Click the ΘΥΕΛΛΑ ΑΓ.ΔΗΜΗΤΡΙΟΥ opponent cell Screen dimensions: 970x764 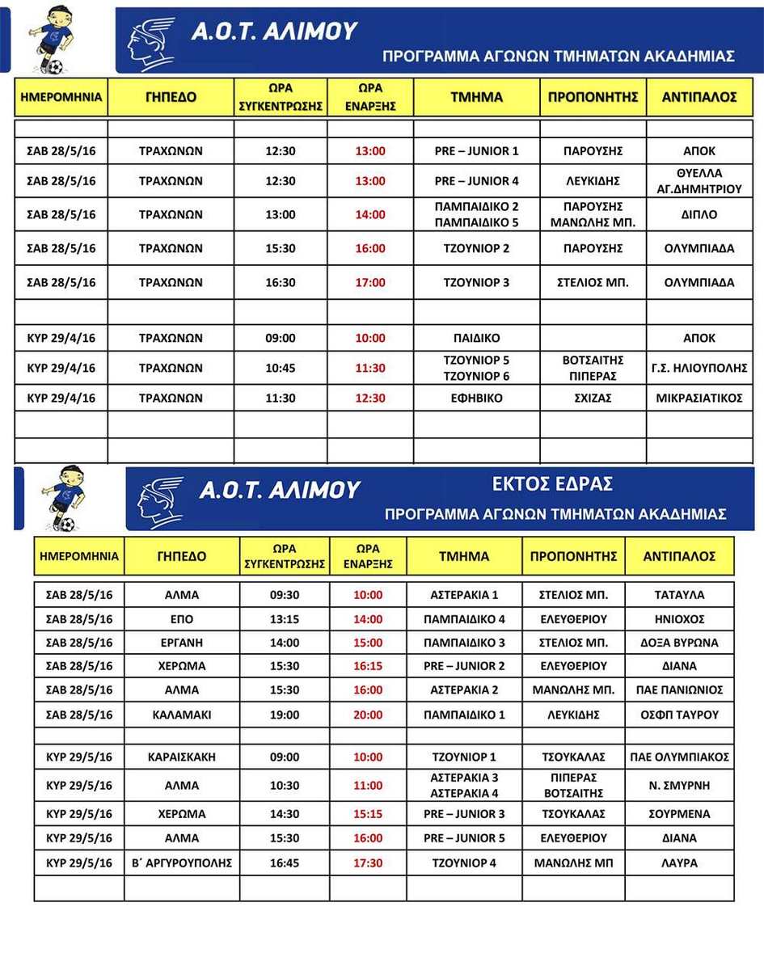699,181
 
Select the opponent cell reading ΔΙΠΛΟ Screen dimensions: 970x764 699,215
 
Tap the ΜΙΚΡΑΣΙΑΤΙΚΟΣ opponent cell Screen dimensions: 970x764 699,398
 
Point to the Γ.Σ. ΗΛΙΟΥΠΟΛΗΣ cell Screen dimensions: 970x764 699,368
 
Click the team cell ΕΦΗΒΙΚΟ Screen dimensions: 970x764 476,398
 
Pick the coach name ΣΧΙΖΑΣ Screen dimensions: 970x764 593,398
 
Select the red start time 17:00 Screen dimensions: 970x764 370,283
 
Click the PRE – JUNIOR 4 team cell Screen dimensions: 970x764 476,181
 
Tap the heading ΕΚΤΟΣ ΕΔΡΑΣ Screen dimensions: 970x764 553,484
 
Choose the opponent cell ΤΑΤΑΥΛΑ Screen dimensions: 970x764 679,595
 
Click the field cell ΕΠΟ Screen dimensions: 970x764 181,619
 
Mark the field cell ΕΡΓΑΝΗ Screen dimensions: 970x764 181,643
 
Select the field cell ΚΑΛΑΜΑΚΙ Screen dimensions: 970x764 181,715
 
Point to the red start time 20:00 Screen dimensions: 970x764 368,715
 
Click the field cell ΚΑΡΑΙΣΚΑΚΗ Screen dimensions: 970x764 181,757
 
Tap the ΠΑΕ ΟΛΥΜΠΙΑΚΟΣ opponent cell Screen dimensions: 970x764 679,757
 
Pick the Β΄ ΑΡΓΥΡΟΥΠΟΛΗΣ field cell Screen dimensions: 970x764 181,863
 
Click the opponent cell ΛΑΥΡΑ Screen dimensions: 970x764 679,863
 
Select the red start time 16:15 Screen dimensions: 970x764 368,666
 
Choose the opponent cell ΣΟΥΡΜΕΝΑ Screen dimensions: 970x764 679,814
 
